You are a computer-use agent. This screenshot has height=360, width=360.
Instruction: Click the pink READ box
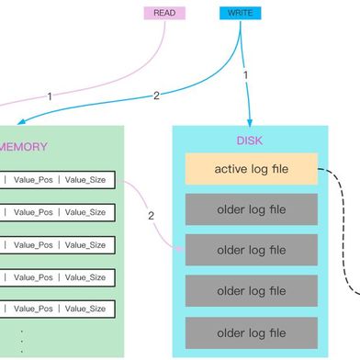[164, 13]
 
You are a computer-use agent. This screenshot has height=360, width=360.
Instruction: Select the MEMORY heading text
[22, 146]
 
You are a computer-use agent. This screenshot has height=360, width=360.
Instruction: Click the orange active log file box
[251, 169]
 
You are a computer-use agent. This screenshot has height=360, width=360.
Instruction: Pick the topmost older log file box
[251, 209]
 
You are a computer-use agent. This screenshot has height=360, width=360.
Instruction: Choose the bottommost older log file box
[251, 330]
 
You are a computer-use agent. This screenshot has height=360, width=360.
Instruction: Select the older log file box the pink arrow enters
[251, 249]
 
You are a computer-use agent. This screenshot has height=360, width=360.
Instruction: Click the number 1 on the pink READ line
[49, 95]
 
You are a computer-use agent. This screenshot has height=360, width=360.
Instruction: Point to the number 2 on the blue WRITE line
[156, 95]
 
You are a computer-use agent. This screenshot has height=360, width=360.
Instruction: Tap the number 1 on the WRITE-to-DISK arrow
[245, 74]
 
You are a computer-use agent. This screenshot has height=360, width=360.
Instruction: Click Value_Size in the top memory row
[85, 179]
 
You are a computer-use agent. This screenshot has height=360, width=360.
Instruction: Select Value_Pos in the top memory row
[34, 179]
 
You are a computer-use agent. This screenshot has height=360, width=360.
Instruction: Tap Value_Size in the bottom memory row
[85, 308]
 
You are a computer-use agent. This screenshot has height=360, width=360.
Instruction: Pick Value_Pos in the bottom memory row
[34, 308]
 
